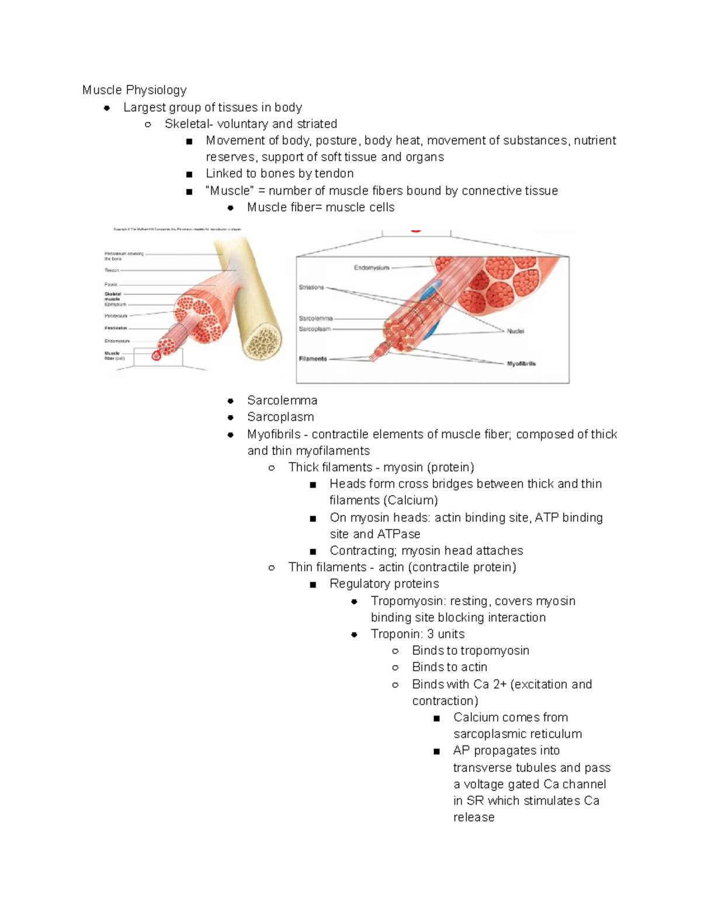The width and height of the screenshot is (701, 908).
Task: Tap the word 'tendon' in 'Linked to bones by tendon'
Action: click(x=334, y=174)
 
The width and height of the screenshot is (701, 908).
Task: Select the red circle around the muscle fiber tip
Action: click(x=156, y=355)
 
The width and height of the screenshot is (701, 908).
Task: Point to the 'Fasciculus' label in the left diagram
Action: click(x=116, y=328)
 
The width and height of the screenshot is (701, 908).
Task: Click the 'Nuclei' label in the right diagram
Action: click(x=515, y=331)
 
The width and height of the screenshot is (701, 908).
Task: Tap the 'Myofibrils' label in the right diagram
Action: click(x=521, y=364)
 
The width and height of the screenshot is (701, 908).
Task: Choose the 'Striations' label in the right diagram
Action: click(x=311, y=287)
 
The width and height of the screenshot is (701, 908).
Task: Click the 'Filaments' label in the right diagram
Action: click(x=313, y=359)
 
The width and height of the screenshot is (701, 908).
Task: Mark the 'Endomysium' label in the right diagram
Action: click(x=371, y=268)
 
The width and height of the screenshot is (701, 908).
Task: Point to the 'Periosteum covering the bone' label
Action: click(x=123, y=256)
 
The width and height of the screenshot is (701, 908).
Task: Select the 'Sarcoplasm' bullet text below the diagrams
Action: click(x=280, y=417)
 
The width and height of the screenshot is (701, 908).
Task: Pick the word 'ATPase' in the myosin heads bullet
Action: click(x=398, y=534)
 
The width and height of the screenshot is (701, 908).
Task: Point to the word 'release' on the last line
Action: click(x=474, y=817)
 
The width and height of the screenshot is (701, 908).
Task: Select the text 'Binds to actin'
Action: click(x=449, y=667)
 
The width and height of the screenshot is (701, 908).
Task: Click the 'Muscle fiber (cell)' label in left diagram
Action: click(x=114, y=355)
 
